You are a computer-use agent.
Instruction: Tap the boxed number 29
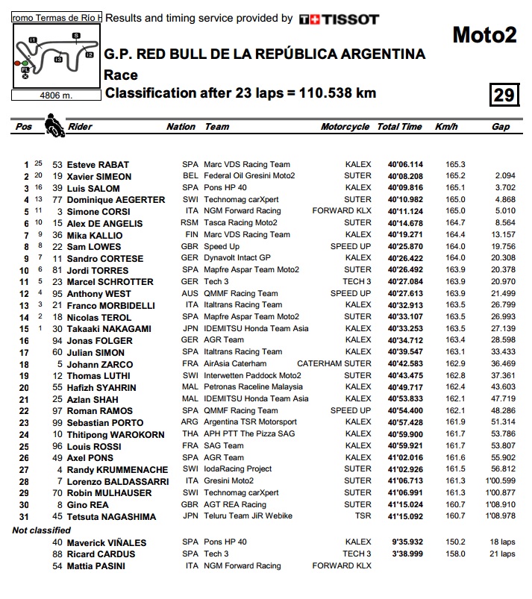coord(504,95)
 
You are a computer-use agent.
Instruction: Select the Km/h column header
coord(445,127)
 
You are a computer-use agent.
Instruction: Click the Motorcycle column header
coord(345,127)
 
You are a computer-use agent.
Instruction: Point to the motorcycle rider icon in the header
coord(54,125)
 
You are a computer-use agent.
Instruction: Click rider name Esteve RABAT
coord(98,165)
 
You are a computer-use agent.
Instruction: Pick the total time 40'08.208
coord(405,177)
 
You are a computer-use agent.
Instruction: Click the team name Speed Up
coord(222,247)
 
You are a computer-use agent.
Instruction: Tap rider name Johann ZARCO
coord(98,364)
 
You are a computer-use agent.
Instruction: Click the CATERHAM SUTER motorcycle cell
coord(338,364)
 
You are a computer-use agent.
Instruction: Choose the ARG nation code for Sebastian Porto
coord(190,422)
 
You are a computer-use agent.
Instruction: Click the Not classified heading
coord(43,530)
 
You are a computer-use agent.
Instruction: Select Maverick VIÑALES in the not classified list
coord(107,542)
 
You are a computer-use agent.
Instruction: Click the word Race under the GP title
coord(121,75)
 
